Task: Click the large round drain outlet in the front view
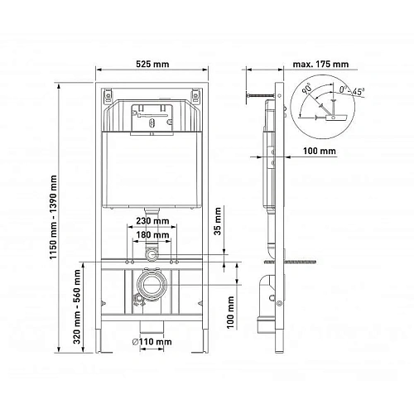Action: tap(151, 291)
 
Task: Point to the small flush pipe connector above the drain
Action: tap(151, 249)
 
